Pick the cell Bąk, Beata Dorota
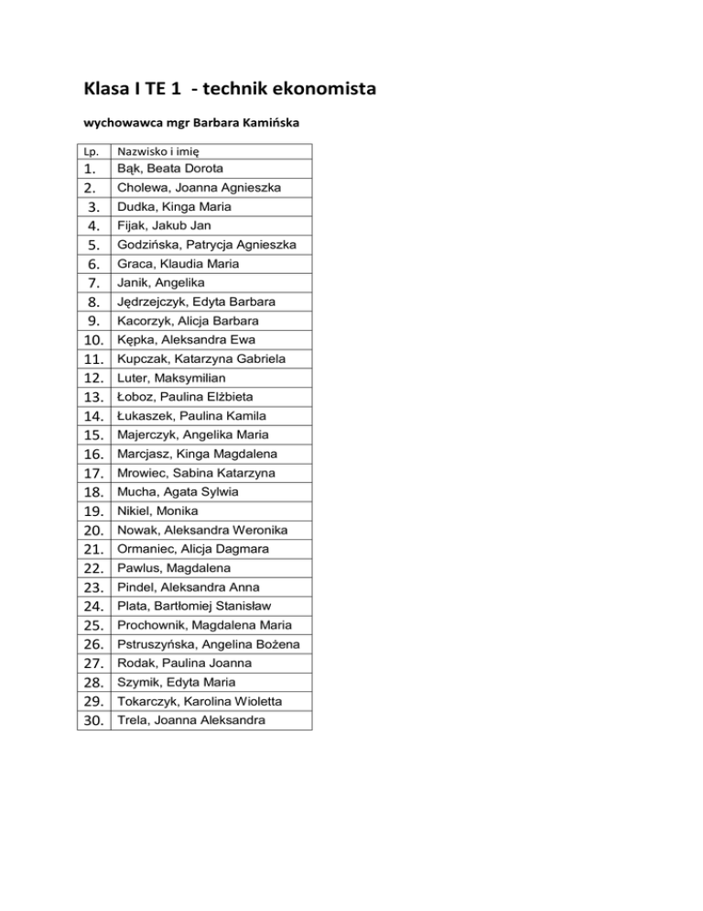(x=170, y=169)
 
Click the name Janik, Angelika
(x=161, y=282)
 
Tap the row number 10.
(x=91, y=340)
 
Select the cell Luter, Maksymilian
(x=171, y=378)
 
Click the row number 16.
(x=91, y=455)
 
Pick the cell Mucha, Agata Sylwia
(x=178, y=492)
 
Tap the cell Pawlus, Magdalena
(x=173, y=568)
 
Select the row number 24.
(x=91, y=607)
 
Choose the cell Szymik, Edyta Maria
(x=176, y=683)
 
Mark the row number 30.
(x=91, y=721)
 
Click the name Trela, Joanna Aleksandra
(x=191, y=720)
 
